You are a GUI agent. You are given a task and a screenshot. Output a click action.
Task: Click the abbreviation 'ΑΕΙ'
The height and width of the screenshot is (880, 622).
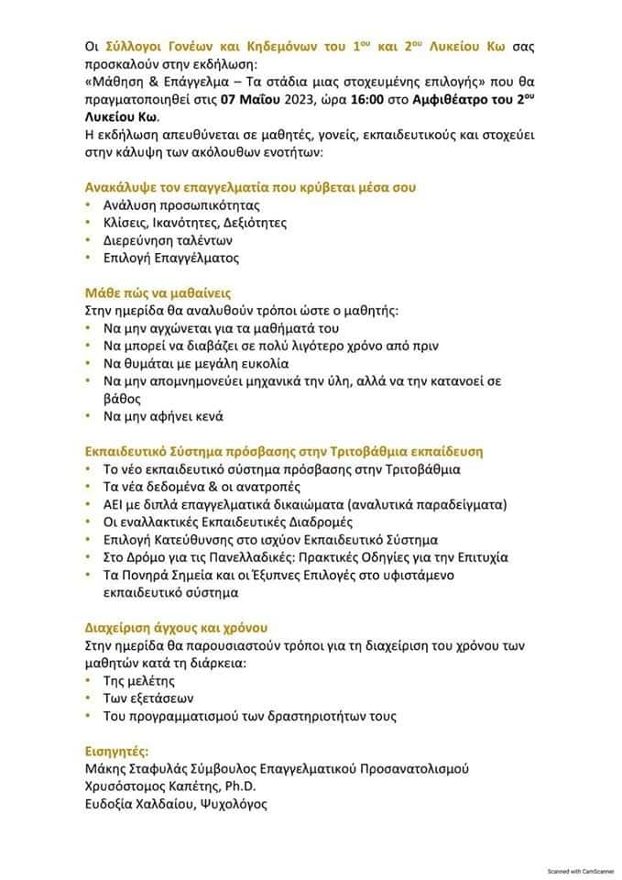point(115,504)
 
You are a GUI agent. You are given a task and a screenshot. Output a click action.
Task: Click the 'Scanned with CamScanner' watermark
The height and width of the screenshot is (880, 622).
point(580,870)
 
